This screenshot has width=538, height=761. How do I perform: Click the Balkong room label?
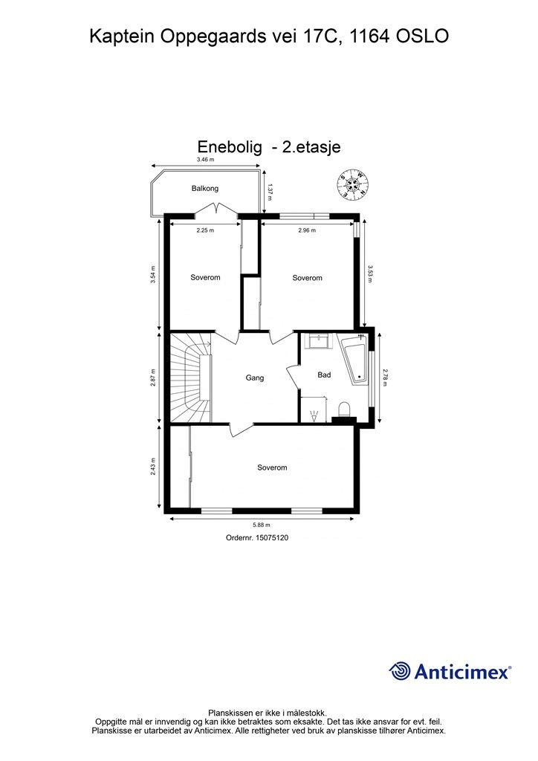click(x=204, y=189)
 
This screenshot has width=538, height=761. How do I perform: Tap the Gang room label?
click(x=255, y=378)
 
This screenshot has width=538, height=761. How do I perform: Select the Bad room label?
click(x=324, y=375)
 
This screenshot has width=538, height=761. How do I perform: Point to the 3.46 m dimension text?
click(x=205, y=160)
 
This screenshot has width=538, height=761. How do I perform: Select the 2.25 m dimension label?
click(x=205, y=230)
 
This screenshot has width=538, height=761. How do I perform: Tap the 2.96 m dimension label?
click(x=307, y=230)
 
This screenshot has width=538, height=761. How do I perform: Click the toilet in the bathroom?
click(x=343, y=410)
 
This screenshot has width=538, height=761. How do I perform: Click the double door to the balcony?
click(x=215, y=210)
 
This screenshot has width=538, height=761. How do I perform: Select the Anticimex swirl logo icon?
click(x=401, y=671)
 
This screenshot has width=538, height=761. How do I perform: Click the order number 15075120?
click(x=256, y=538)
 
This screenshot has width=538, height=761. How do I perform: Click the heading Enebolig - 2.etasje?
click(x=268, y=147)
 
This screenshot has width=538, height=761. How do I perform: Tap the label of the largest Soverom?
click(x=272, y=467)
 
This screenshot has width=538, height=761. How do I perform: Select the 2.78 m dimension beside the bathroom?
click(x=385, y=378)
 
